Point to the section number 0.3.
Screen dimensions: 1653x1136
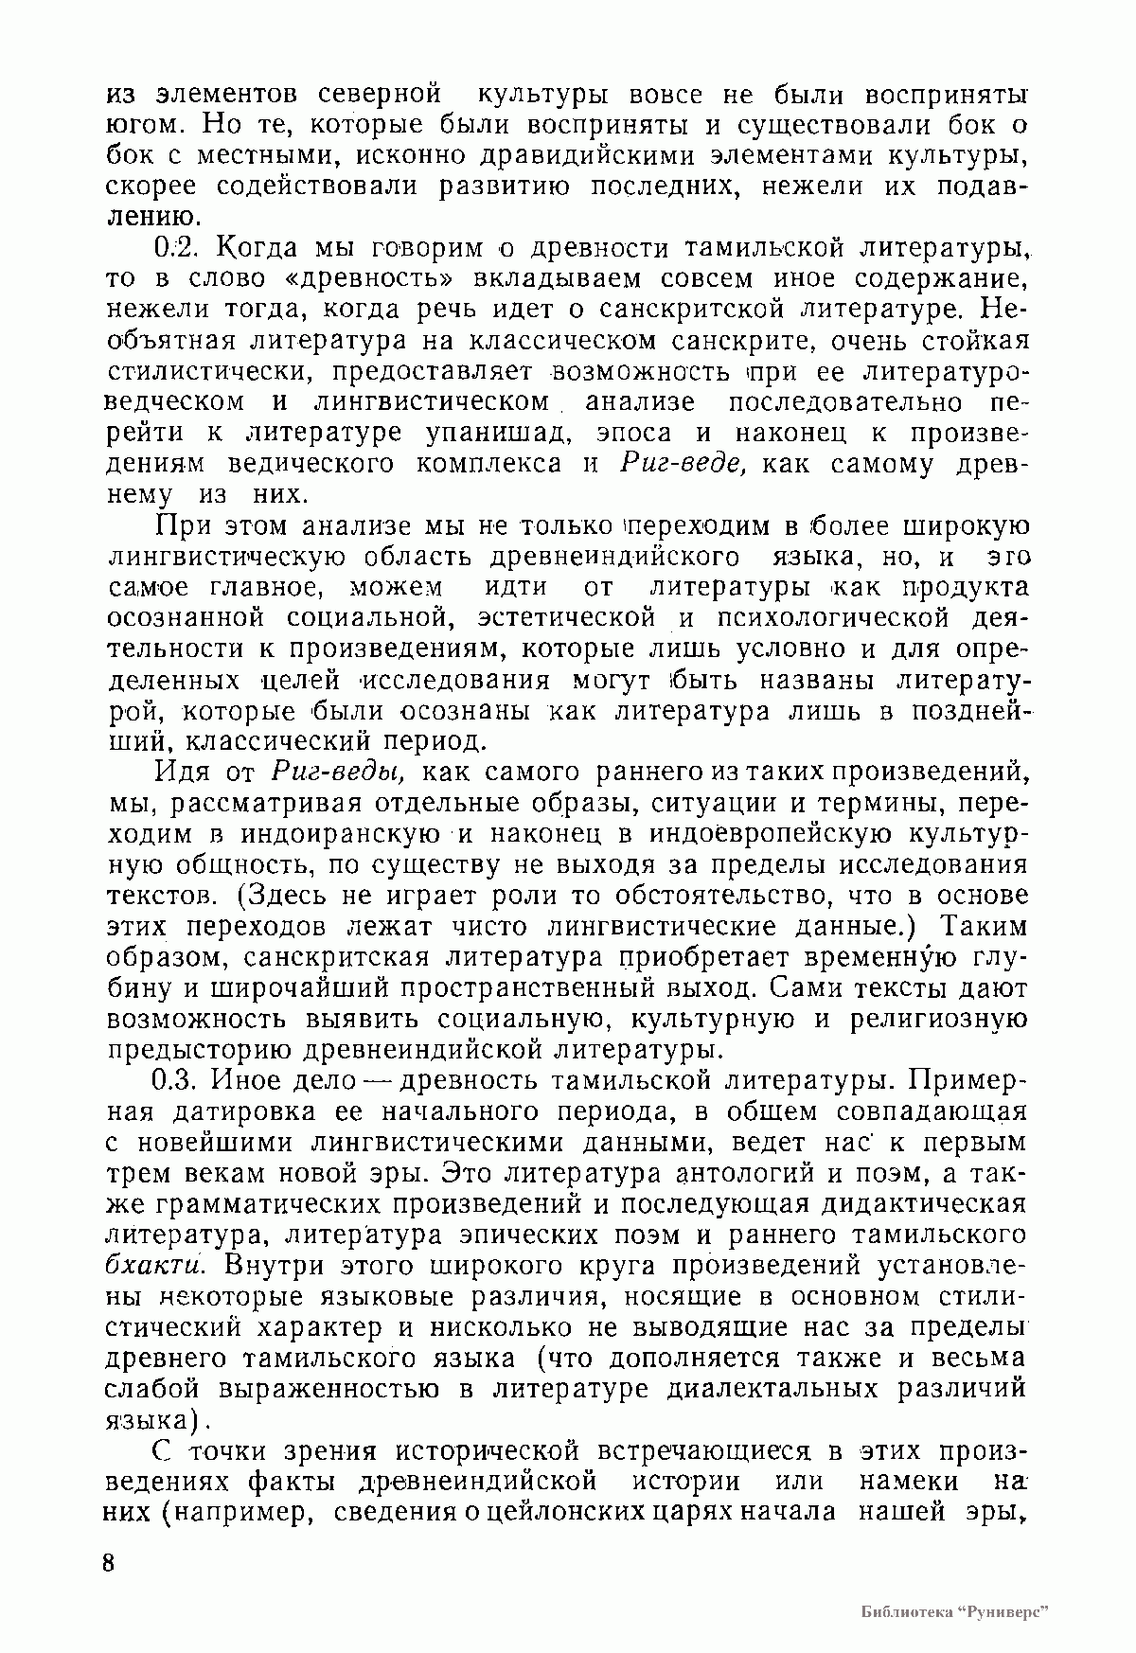coord(176,1080)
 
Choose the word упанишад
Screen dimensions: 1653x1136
coord(498,434)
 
